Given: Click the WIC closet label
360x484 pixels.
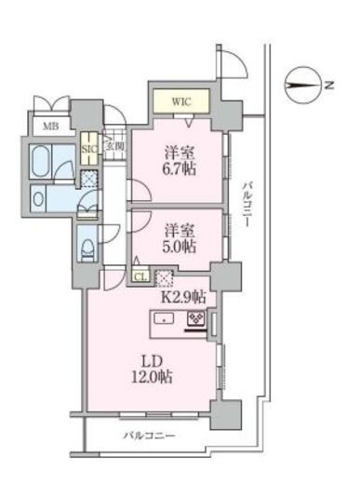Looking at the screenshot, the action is [x=181, y=101].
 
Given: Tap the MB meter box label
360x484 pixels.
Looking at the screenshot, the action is [x=51, y=127].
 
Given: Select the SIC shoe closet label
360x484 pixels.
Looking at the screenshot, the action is [x=89, y=149].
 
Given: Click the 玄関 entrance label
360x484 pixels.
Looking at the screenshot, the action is [x=115, y=145].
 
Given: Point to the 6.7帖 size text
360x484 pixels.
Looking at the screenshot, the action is [x=180, y=169].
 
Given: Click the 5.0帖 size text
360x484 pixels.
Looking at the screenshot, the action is [x=180, y=247].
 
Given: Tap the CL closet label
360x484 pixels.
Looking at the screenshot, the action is [x=141, y=277].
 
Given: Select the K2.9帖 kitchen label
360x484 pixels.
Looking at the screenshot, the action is [x=183, y=297].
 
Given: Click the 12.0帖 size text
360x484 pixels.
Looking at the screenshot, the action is [x=152, y=377].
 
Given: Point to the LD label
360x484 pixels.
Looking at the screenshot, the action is [x=152, y=361].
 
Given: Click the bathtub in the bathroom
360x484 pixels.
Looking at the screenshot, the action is [x=41, y=161].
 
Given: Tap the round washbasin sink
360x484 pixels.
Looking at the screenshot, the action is [x=38, y=199].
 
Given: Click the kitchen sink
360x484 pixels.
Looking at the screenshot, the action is [x=164, y=318].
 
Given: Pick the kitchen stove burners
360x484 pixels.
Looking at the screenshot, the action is [x=196, y=318].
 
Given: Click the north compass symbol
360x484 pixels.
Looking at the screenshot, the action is [x=302, y=86].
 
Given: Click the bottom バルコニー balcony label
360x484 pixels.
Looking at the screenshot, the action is [x=150, y=436].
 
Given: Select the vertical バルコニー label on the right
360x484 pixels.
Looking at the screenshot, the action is [x=247, y=205].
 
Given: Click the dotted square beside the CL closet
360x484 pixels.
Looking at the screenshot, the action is [x=163, y=278].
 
